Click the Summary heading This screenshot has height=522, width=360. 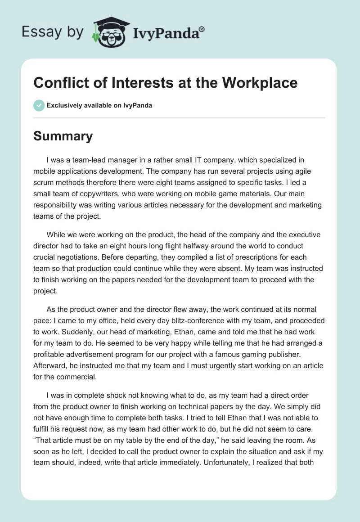[x=63, y=136]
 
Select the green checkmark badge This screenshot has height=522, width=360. [x=39, y=105]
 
